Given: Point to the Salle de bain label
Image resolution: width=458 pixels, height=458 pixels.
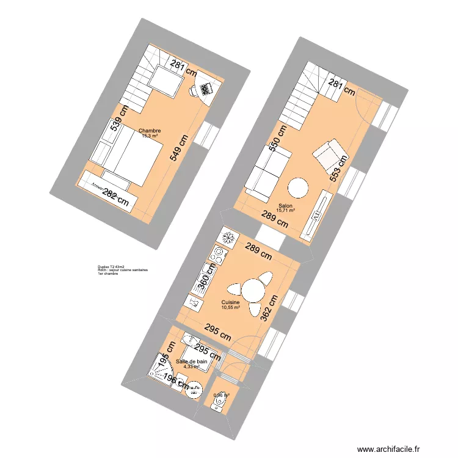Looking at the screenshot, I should [191, 363].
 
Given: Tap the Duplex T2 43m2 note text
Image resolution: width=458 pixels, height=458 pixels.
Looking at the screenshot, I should [111, 267].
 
